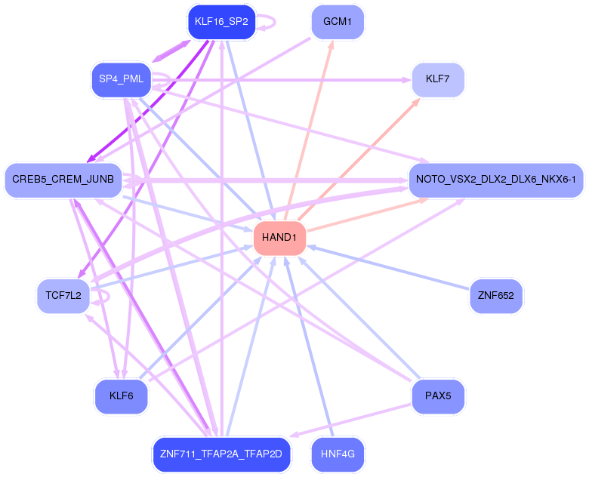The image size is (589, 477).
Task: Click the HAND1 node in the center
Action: [279, 238]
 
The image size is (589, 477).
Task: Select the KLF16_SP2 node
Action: [221, 21]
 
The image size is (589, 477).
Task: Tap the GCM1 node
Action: [338, 21]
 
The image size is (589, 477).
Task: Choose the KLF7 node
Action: [437, 78]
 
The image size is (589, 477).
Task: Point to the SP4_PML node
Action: [121, 78]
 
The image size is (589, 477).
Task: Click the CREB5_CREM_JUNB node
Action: [63, 180]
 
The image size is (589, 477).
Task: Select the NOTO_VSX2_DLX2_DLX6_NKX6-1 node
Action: [495, 180]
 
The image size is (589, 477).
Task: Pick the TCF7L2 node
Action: [63, 295]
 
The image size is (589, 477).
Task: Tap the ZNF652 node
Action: [495, 295]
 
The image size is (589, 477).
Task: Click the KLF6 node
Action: [121, 396]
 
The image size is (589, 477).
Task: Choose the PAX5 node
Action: [437, 396]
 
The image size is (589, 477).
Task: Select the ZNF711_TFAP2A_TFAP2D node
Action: [221, 454]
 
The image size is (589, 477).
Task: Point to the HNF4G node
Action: [338, 454]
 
